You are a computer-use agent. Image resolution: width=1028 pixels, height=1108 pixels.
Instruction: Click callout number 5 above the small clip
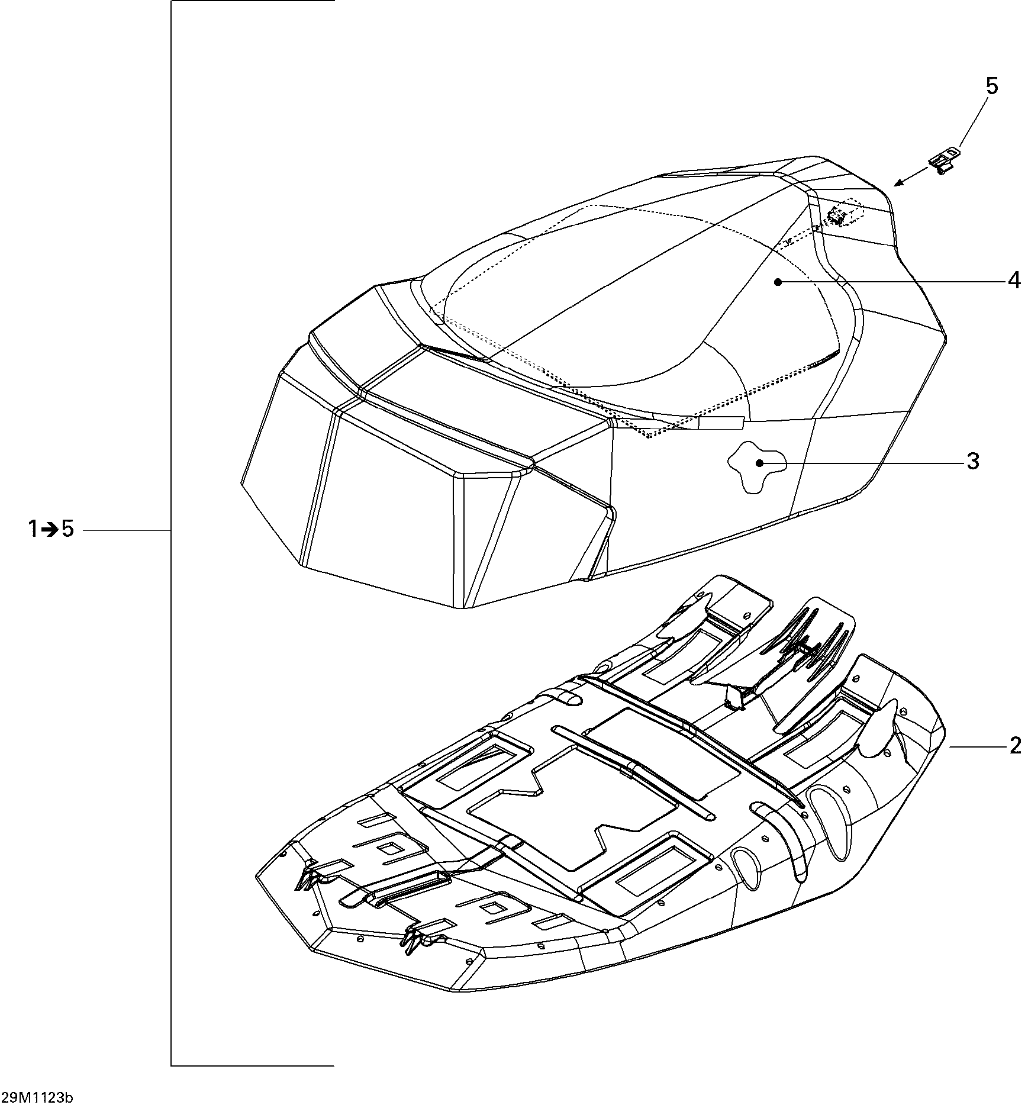[992, 86]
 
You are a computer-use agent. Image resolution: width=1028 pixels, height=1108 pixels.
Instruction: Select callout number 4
[1014, 280]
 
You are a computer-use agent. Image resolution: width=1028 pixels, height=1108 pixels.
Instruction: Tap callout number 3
[973, 461]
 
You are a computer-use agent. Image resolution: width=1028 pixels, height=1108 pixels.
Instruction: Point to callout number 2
[1015, 746]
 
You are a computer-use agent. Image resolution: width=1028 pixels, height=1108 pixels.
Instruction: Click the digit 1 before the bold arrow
[34, 529]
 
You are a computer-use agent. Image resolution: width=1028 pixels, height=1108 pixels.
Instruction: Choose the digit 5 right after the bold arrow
[67, 529]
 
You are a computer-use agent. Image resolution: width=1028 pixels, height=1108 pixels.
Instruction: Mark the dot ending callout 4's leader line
[778, 282]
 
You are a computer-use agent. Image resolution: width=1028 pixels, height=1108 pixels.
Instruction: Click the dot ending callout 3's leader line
[759, 462]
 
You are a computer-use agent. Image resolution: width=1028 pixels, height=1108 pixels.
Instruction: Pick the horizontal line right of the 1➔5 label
[127, 532]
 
